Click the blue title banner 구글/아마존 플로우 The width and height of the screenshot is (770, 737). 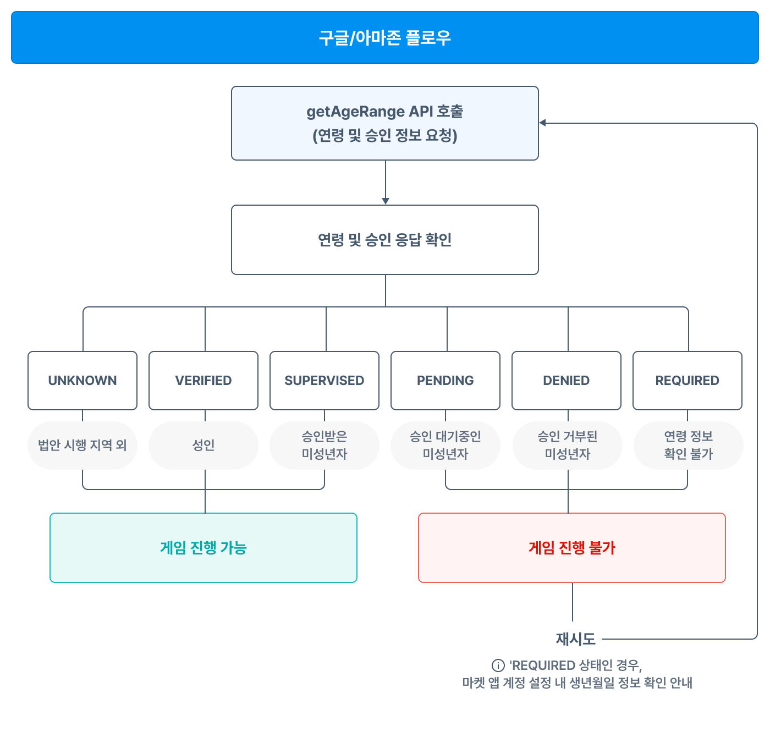coord(385,37)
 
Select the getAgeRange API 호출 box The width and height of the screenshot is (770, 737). coord(385,123)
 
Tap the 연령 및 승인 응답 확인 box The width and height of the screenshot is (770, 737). coord(385,240)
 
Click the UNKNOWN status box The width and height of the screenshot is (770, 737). coord(82,381)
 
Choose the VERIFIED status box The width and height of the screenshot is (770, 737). coord(204,381)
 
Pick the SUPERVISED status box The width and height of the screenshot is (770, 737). coord(324,381)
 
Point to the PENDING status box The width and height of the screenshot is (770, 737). coord(446,381)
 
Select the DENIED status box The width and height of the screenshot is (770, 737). coord(566,381)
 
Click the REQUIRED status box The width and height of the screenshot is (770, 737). coord(687,381)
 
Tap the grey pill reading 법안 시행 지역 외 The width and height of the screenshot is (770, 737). coord(82,446)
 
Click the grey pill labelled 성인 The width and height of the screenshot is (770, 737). coord(204,446)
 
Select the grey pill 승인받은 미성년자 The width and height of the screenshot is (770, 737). coord(324,446)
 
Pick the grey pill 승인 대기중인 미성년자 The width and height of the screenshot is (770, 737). coord(446,446)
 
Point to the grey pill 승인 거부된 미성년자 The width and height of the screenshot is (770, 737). coord(568,446)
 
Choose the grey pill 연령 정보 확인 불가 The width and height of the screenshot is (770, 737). coord(689,446)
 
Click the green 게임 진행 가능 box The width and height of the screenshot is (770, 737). coord(204,548)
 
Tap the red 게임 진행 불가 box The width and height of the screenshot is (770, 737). coord(572,548)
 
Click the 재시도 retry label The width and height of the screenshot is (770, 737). coord(575,639)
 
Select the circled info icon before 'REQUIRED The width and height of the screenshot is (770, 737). coord(498,665)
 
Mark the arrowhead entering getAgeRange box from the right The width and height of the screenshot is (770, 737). coord(543,123)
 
